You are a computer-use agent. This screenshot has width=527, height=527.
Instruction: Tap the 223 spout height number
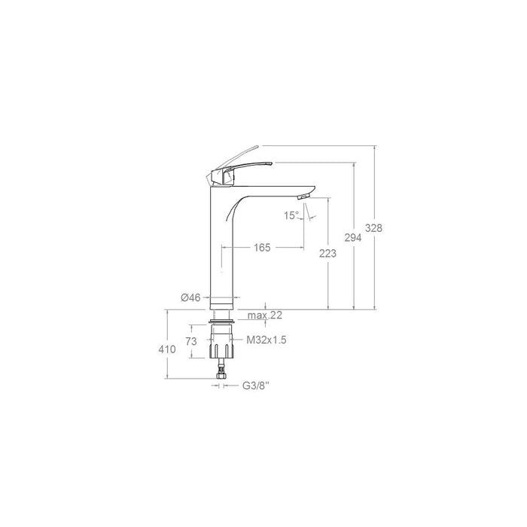click(x=328, y=254)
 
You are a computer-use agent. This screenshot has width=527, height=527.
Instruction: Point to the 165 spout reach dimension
click(x=262, y=247)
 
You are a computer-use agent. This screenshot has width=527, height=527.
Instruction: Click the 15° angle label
click(x=292, y=215)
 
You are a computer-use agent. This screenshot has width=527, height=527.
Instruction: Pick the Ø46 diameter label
click(x=190, y=298)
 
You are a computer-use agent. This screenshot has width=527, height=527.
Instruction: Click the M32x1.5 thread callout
click(x=267, y=340)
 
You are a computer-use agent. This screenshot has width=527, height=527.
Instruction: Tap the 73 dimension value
click(x=192, y=341)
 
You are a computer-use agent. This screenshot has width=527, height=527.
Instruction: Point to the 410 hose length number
click(x=166, y=349)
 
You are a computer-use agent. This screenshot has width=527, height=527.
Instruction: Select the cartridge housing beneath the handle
click(x=221, y=178)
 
